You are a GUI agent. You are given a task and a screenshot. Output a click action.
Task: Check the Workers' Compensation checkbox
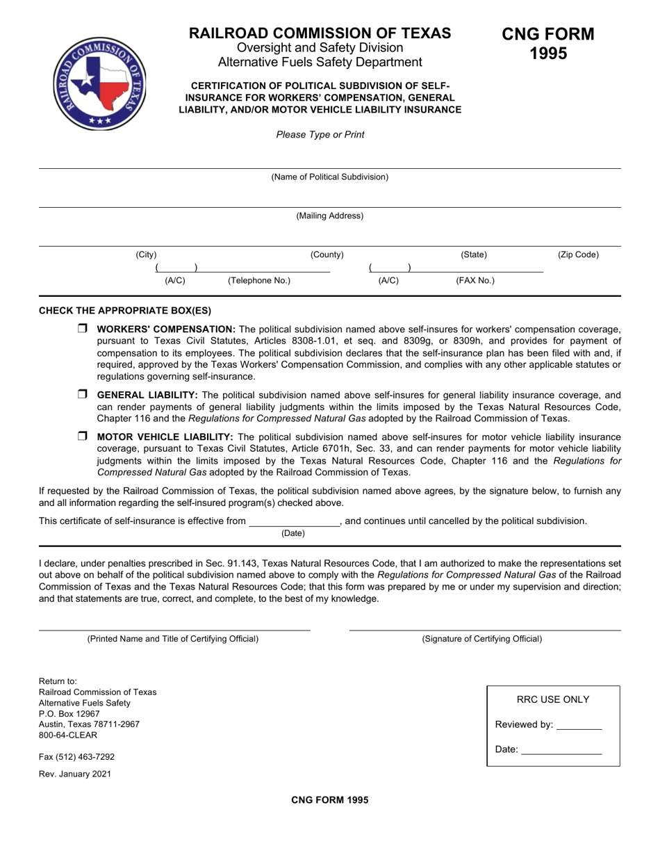(82, 329)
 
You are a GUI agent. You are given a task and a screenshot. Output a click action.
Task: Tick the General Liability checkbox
(82, 395)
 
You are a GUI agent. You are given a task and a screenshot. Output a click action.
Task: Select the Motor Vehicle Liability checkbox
(82, 437)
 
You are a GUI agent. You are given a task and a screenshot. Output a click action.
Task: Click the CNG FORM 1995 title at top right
(548, 43)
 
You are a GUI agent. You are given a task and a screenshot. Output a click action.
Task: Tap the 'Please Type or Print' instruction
(320, 134)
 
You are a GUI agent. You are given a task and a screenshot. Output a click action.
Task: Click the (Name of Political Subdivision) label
(329, 177)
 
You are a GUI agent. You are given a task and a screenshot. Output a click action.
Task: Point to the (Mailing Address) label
(329, 216)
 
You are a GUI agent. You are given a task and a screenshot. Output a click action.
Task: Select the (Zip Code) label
(578, 255)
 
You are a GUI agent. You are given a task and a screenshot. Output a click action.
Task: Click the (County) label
(327, 255)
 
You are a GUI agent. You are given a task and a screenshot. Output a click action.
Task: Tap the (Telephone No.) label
(259, 281)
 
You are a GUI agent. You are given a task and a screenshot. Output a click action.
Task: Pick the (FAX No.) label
(475, 281)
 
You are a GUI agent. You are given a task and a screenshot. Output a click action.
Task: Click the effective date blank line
(294, 523)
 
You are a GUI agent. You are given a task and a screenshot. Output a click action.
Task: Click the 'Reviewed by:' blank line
(579, 726)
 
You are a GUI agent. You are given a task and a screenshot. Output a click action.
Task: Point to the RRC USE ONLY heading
(553, 700)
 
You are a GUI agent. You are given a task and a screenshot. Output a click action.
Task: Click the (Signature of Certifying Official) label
(481, 639)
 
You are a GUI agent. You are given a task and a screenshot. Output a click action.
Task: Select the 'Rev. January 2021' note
(74, 774)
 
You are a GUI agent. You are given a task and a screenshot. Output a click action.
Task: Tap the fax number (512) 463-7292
(77, 756)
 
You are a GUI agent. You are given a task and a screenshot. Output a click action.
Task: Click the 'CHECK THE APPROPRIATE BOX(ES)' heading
(125, 311)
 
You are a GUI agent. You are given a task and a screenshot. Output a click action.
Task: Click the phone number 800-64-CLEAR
(68, 735)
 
